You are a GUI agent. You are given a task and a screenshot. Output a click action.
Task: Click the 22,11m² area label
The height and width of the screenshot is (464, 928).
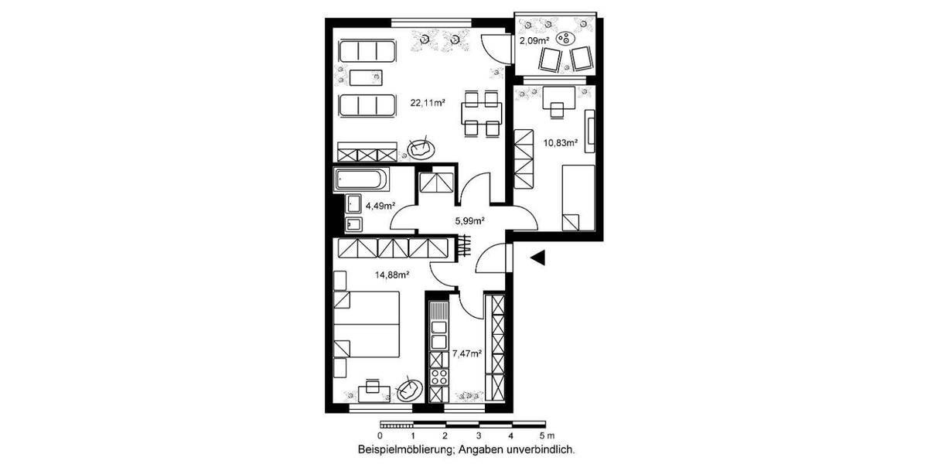pos(427,102)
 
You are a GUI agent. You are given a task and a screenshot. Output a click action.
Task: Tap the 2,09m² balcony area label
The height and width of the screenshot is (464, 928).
pos(535,40)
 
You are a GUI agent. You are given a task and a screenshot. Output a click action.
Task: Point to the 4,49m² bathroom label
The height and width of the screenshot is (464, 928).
pos(380,206)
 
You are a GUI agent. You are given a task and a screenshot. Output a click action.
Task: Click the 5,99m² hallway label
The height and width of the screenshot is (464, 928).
pos(469,220)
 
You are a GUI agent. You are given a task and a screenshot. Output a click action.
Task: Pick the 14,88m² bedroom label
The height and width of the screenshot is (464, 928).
pos(393,274)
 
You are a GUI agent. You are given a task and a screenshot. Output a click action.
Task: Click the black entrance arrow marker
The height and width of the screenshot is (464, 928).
pos(539,258)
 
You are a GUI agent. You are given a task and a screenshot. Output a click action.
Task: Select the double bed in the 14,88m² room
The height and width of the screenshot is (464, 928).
pos(367,325)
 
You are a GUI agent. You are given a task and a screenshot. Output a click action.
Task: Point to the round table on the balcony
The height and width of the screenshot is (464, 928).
pos(569,37)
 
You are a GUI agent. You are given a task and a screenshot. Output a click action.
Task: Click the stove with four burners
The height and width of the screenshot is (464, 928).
pos(440,377)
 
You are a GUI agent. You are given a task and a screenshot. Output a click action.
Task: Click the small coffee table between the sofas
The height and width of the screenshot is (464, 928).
pos(366,77)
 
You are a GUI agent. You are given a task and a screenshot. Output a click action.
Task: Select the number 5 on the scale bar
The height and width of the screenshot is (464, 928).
pos(543,436)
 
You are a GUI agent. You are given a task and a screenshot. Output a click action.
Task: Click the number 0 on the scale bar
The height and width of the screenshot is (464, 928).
pos(380,436)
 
